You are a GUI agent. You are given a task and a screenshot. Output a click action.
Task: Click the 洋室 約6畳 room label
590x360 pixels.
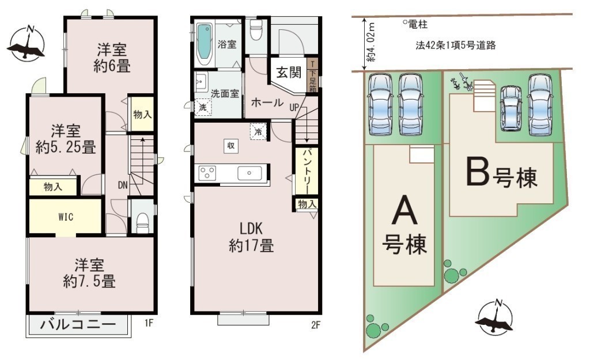pyautogui.click(x=112, y=58)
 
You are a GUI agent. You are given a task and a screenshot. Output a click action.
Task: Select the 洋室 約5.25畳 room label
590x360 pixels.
pyautogui.click(x=66, y=139)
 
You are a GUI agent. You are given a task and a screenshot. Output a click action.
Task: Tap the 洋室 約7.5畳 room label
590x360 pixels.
pyautogui.click(x=89, y=273)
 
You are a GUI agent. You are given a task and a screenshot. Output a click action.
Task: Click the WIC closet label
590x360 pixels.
pyautogui.click(x=66, y=217)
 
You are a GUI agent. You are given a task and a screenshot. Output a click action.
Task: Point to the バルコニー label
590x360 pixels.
pyautogui.click(x=78, y=324)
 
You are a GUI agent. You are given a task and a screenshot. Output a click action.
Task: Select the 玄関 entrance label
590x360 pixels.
pyautogui.click(x=289, y=72)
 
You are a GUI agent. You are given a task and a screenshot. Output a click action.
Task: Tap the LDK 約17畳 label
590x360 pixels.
pyautogui.click(x=251, y=237)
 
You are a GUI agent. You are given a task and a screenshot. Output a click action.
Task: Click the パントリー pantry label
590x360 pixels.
pyautogui.click(x=307, y=171)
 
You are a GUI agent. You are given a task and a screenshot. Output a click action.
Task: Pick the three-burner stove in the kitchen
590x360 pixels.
pyautogui.click(x=207, y=173)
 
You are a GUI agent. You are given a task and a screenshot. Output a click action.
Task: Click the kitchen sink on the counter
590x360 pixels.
pyautogui.click(x=249, y=173)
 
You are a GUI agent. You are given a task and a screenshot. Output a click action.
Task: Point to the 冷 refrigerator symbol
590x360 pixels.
pyautogui.click(x=259, y=132)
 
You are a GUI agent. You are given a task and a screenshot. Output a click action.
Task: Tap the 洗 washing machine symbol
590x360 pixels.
pyautogui.click(x=203, y=107)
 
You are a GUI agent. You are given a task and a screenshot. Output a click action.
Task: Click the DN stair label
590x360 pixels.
pyautogui.click(x=123, y=185)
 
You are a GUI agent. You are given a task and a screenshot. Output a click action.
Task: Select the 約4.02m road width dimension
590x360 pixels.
pyautogui.click(x=372, y=42)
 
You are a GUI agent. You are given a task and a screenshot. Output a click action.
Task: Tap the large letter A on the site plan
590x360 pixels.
pyautogui.click(x=404, y=211)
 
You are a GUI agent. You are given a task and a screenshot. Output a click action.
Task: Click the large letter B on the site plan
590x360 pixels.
pyautogui.click(x=478, y=172)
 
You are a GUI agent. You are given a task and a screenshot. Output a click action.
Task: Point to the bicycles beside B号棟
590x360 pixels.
pyautogui.click(x=463, y=82)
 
